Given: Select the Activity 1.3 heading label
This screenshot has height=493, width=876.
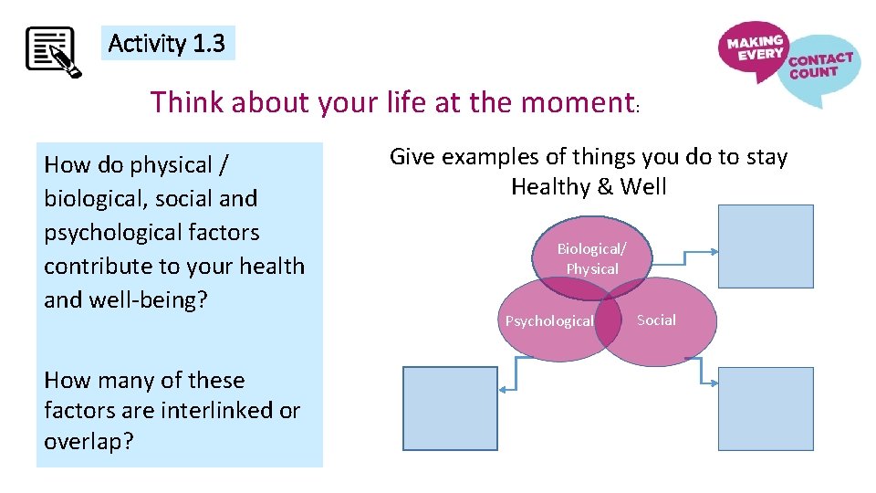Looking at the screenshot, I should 167,43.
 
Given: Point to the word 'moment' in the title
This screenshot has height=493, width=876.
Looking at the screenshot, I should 577,102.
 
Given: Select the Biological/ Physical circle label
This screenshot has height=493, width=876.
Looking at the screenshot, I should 592,258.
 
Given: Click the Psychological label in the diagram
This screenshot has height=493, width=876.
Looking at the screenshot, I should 549,321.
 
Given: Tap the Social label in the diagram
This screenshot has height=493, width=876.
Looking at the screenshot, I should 656,320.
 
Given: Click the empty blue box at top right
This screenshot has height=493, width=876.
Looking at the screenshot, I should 766,246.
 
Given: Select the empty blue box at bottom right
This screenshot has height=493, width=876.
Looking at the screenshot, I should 766,408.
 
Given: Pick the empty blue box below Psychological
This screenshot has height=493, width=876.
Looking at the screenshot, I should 451,408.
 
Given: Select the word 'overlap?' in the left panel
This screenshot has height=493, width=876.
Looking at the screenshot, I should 89,441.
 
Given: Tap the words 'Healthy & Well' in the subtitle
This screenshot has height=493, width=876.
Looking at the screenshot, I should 589,187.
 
